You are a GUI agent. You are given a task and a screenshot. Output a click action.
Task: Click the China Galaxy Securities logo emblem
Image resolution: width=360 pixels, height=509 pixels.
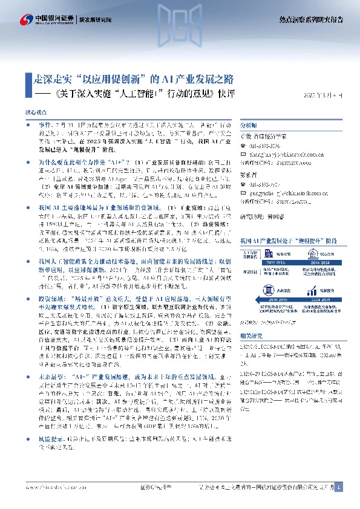click(27, 19)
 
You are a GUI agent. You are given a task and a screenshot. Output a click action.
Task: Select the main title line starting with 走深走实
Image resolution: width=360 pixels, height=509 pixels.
click(133, 79)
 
